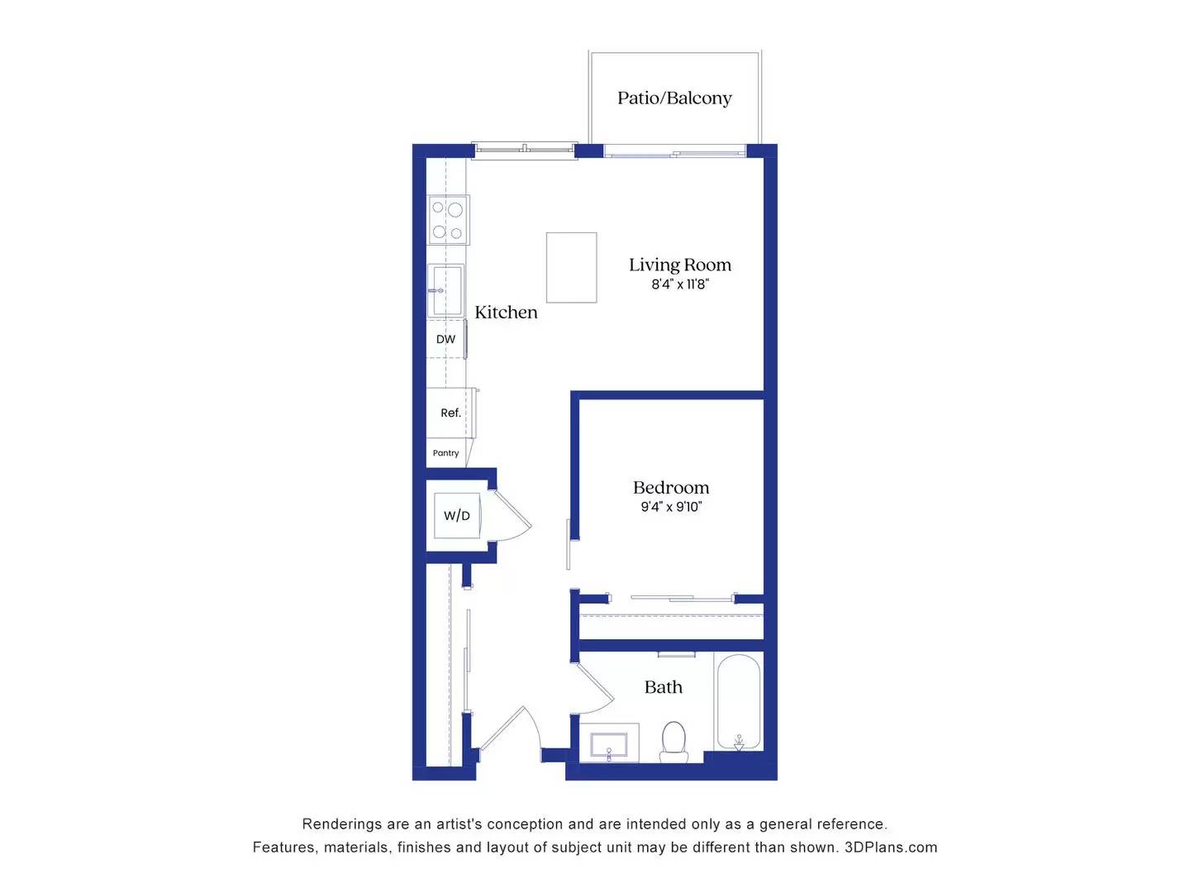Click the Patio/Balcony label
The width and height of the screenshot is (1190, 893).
point(674,98)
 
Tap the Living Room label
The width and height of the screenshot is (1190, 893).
point(679,265)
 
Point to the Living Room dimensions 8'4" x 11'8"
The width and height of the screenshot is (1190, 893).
point(679,284)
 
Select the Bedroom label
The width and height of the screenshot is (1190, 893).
point(670,488)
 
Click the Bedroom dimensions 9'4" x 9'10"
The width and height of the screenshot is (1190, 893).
point(670,507)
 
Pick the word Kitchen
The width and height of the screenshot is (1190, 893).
point(506,313)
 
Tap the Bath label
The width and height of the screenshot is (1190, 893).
point(663,687)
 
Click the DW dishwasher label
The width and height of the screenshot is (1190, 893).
point(445,339)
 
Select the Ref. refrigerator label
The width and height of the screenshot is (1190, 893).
point(450,413)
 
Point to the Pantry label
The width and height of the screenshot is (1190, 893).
point(445,453)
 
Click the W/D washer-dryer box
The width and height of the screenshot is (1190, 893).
point(457,516)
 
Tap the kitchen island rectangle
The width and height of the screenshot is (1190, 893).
point(571,267)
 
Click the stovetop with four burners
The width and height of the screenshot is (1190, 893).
point(448,220)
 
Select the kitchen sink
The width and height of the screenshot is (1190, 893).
point(445,289)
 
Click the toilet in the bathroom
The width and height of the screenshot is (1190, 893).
point(674,741)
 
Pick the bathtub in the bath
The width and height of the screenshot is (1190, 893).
point(738,703)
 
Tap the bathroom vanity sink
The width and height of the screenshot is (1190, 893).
point(609,743)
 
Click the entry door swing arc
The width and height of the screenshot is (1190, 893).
point(512,732)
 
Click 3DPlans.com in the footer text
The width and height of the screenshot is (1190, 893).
point(890,848)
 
